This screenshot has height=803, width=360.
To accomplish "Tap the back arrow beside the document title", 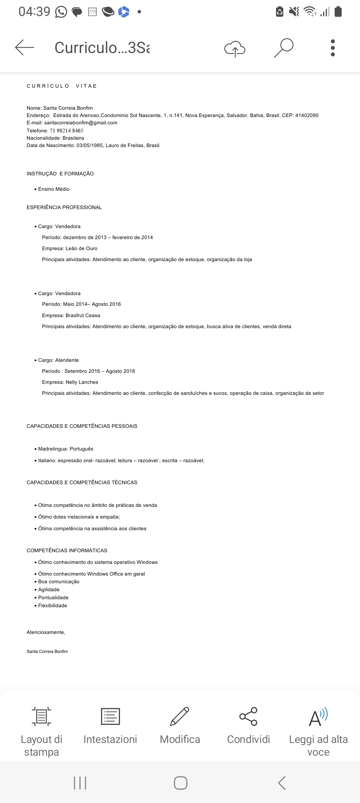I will (25, 47).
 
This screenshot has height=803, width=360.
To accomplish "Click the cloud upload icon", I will (235, 49).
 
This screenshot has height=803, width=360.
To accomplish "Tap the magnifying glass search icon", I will (284, 48).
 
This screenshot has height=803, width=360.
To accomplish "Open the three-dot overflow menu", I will (332, 48).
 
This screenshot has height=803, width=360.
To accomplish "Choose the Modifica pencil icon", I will (180, 717).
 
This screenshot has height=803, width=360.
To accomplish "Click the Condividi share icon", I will (248, 717).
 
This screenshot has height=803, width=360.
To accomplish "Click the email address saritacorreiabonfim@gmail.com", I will (81, 123).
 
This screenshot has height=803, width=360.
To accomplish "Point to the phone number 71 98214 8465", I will (67, 131).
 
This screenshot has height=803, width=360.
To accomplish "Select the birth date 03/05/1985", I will (89, 145).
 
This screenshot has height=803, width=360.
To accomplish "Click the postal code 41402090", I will (307, 115).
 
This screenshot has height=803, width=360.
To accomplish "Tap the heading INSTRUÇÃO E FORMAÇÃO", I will (60, 174).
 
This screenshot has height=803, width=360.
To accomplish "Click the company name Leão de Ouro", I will (81, 248).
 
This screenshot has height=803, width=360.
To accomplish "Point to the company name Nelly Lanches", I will (82, 382).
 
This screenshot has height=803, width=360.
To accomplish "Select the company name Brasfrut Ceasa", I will (83, 315).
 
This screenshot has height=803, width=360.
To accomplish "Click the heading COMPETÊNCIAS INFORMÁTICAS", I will (67, 551).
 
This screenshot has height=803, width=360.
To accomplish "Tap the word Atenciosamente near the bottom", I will (46, 632).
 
